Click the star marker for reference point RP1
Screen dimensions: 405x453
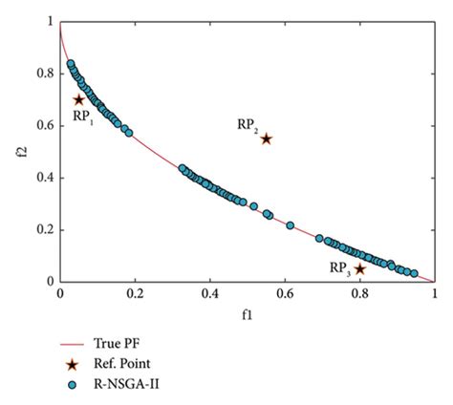[79, 99]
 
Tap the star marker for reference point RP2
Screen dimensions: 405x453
[266, 139]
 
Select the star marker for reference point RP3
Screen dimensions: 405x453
[359, 269]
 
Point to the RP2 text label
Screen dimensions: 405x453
[248, 125]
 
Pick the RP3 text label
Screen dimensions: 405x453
[338, 268]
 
